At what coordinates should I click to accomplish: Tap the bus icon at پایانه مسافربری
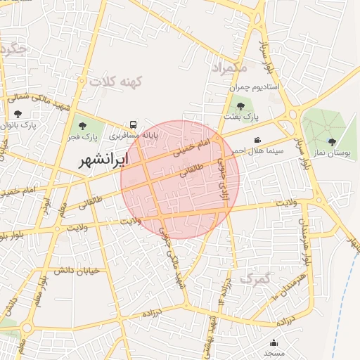click(x=133, y=124)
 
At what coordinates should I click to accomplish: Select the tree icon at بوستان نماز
click(x=332, y=142)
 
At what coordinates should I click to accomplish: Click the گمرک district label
click(x=255, y=278)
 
